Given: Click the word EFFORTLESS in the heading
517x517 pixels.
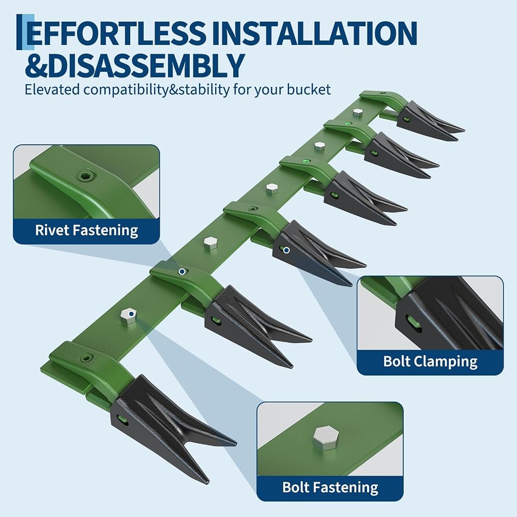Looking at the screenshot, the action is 115,33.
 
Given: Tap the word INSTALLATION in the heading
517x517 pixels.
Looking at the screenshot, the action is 314,33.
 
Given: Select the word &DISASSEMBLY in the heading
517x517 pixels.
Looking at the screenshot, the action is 134,65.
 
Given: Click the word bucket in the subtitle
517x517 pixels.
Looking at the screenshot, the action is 309,89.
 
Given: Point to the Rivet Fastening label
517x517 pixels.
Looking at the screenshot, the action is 86,230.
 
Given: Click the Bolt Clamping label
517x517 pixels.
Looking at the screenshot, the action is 430,361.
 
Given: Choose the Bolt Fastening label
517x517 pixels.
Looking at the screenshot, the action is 330,488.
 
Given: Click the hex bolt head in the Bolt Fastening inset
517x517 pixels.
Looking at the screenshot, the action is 325,438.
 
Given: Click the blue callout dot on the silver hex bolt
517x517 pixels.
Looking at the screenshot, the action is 131,314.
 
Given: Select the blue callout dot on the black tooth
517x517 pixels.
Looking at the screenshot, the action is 286,250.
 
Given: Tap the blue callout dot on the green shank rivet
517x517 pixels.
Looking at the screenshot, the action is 181,271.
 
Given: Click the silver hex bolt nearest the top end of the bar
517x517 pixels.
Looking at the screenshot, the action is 358,112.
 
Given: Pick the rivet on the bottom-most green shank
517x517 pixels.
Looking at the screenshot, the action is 87,357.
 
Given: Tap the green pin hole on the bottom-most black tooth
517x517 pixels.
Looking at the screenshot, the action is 123,419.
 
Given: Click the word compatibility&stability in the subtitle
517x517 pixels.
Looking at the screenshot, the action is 156,89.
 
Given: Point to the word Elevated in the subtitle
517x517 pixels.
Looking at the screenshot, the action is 52,89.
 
